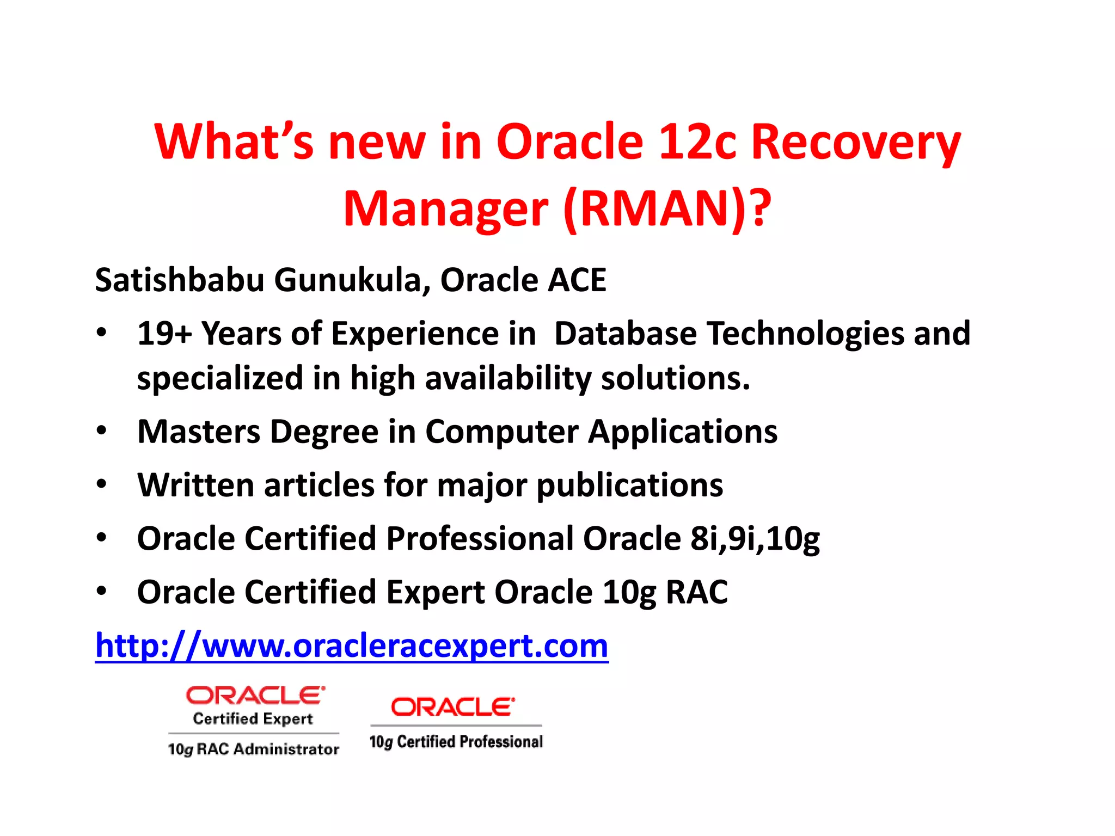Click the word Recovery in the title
pos(856,143)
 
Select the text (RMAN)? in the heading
pos(667,210)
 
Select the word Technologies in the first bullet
pos(805,334)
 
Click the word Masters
pos(199,432)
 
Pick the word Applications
pos(683,432)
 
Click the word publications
pos(630,485)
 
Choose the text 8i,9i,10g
pos(755,539)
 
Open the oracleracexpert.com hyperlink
pos(352,646)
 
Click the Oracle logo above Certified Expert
pos(255,695)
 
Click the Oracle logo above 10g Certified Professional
pos(453,707)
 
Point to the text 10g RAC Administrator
pos(254,749)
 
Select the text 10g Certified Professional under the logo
pos(456,742)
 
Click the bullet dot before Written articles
pos(101,484)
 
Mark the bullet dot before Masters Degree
pos(101,431)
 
